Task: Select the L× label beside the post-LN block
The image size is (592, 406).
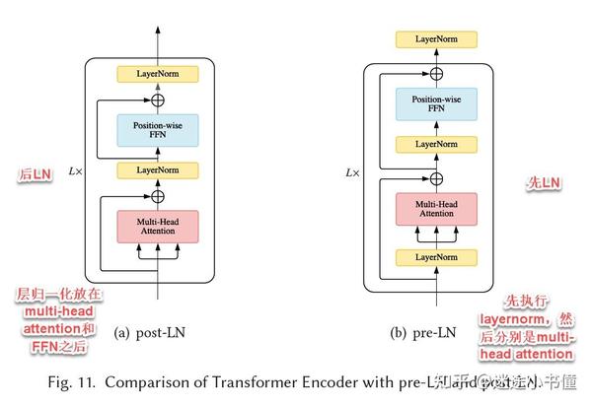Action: pos(72,171)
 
